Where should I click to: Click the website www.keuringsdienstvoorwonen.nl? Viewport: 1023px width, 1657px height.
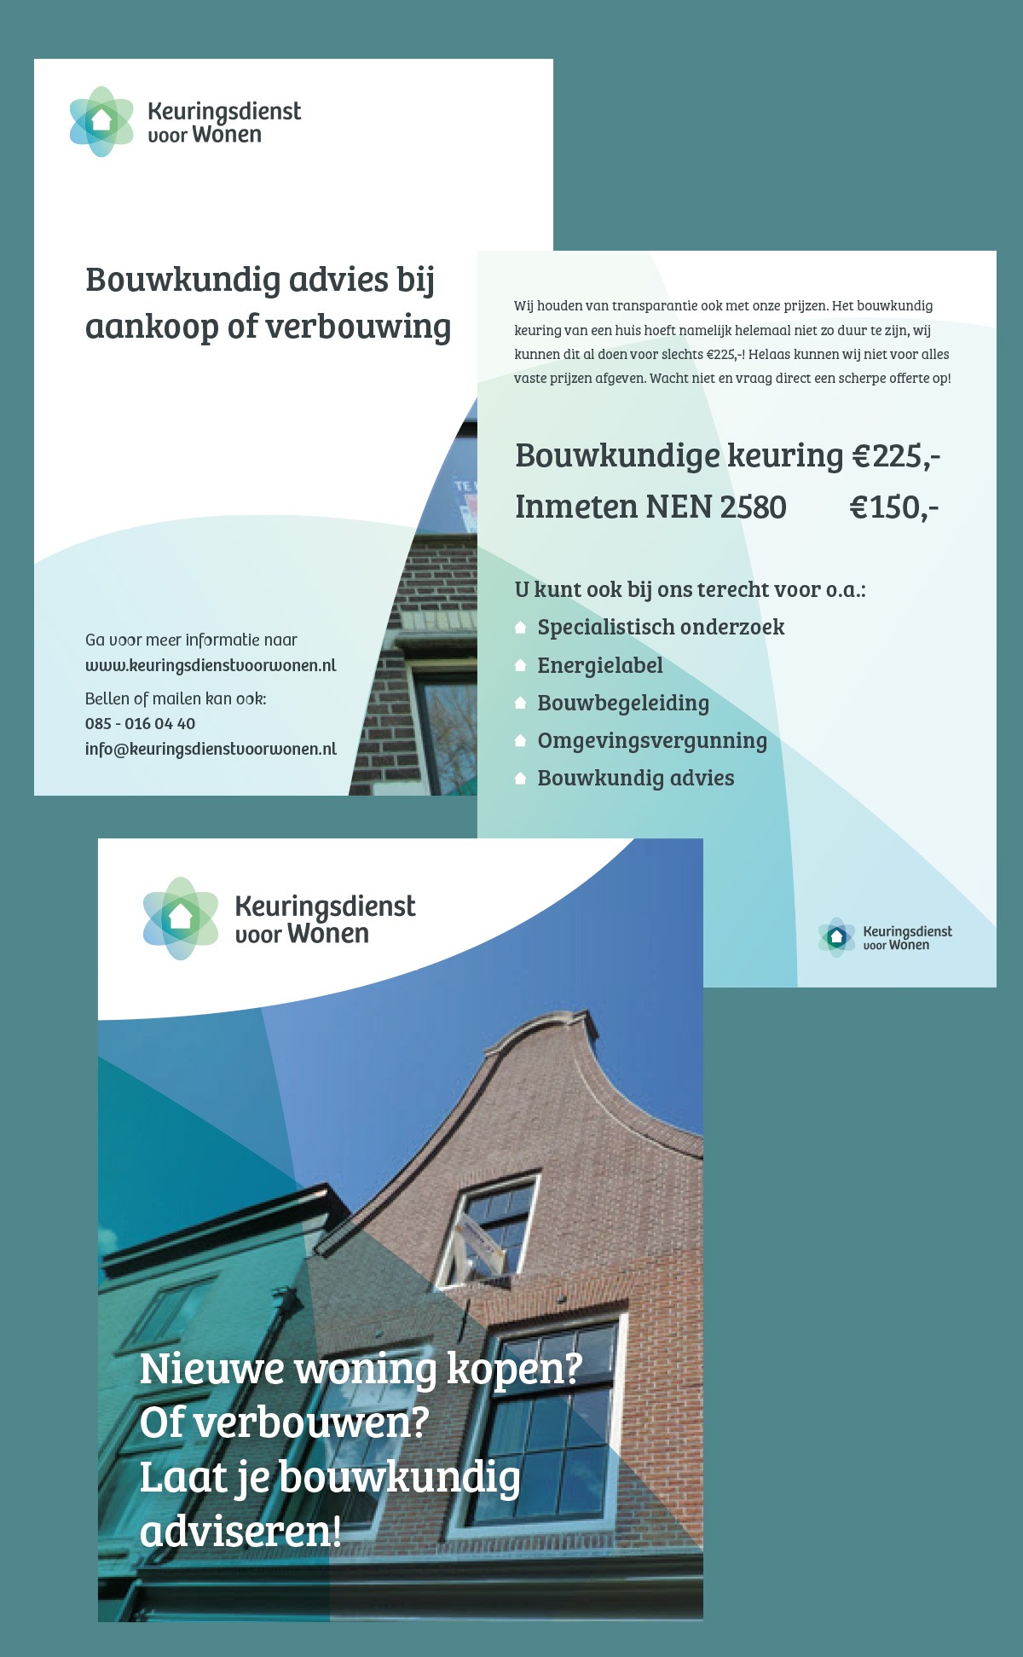tap(211, 665)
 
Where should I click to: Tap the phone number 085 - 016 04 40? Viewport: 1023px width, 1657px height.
tap(140, 723)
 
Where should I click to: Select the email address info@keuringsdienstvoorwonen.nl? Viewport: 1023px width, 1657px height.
tap(211, 749)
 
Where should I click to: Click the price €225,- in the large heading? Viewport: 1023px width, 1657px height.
tap(895, 456)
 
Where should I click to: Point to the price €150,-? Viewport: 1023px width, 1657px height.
tap(893, 507)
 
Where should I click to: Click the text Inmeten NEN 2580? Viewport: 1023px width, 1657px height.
tap(650, 507)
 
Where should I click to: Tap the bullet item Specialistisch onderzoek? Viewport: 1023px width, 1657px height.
tap(661, 628)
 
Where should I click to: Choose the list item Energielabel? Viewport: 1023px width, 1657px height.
tap(599, 665)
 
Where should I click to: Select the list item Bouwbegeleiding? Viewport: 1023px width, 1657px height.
tap(623, 703)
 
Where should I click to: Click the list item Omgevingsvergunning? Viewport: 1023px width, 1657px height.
tap(652, 740)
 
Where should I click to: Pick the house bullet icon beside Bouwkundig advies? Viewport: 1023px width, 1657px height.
tap(520, 779)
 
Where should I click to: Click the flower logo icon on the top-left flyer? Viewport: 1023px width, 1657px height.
tap(101, 121)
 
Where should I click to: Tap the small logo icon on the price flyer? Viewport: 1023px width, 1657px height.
tap(836, 937)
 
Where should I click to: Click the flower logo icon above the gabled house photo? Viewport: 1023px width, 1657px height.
tap(181, 918)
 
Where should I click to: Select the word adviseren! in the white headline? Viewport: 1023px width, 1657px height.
tap(240, 1531)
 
